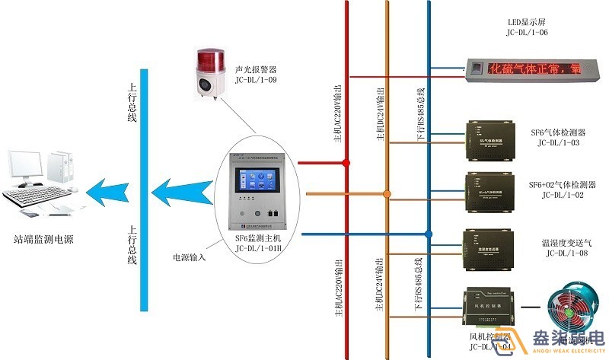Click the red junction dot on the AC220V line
click(x=347, y=162)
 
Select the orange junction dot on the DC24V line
click(x=387, y=195)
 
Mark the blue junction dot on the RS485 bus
click(x=428, y=234)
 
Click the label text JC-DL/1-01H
click(x=260, y=248)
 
